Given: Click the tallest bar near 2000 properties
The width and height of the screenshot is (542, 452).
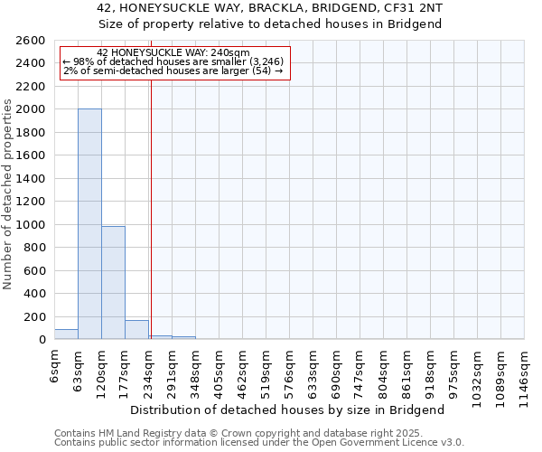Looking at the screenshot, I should pyautogui.click(x=89, y=224).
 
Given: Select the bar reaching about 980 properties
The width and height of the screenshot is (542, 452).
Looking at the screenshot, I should pyautogui.click(x=113, y=283).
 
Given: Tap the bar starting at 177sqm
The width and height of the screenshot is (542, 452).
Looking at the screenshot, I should pyautogui.click(x=136, y=330).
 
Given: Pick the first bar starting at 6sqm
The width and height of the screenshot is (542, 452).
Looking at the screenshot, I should pyautogui.click(x=66, y=334).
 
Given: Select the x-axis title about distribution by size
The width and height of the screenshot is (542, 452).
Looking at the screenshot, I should pyautogui.click(x=294, y=410).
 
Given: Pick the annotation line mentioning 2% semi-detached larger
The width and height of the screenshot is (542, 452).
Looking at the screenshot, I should pyautogui.click(x=173, y=71).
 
